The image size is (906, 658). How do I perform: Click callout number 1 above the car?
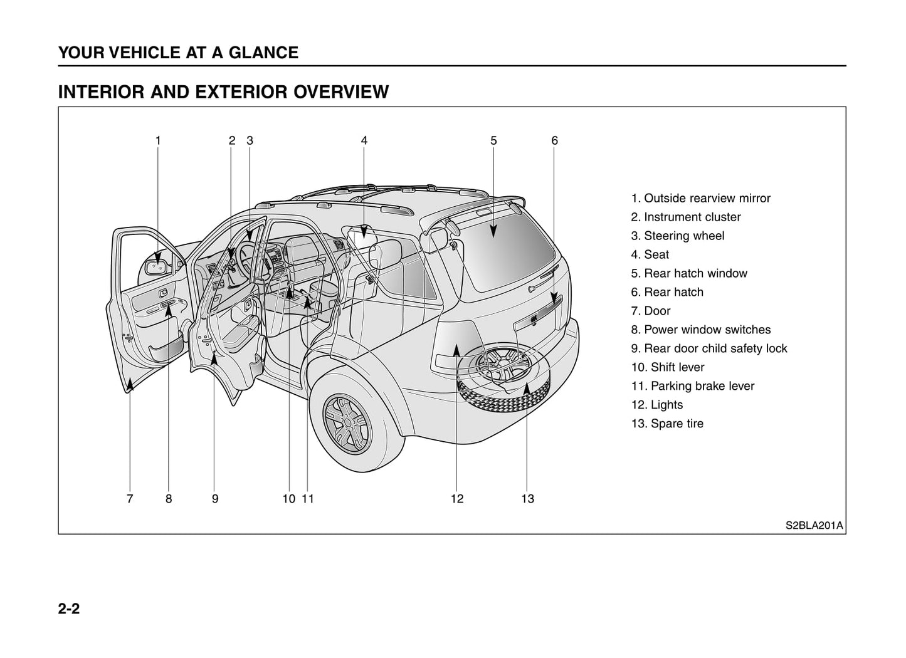158,141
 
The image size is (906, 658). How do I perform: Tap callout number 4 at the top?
364,141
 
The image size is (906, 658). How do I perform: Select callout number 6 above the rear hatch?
554,141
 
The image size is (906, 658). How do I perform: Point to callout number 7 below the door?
130,499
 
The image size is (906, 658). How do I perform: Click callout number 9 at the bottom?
215,499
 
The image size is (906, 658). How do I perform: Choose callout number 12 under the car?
456,499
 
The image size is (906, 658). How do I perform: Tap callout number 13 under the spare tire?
527,499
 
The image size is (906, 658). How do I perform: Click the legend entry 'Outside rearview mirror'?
700,198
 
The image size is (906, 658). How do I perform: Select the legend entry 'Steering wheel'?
677,236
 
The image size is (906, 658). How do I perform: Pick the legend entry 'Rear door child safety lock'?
708,348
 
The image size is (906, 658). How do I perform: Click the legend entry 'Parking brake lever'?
692,386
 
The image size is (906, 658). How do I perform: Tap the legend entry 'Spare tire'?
667,424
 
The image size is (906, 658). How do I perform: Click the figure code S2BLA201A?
814,525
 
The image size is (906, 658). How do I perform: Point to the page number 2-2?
69,608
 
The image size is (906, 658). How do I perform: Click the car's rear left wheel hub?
347,421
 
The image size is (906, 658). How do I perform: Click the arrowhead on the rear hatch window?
493,232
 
